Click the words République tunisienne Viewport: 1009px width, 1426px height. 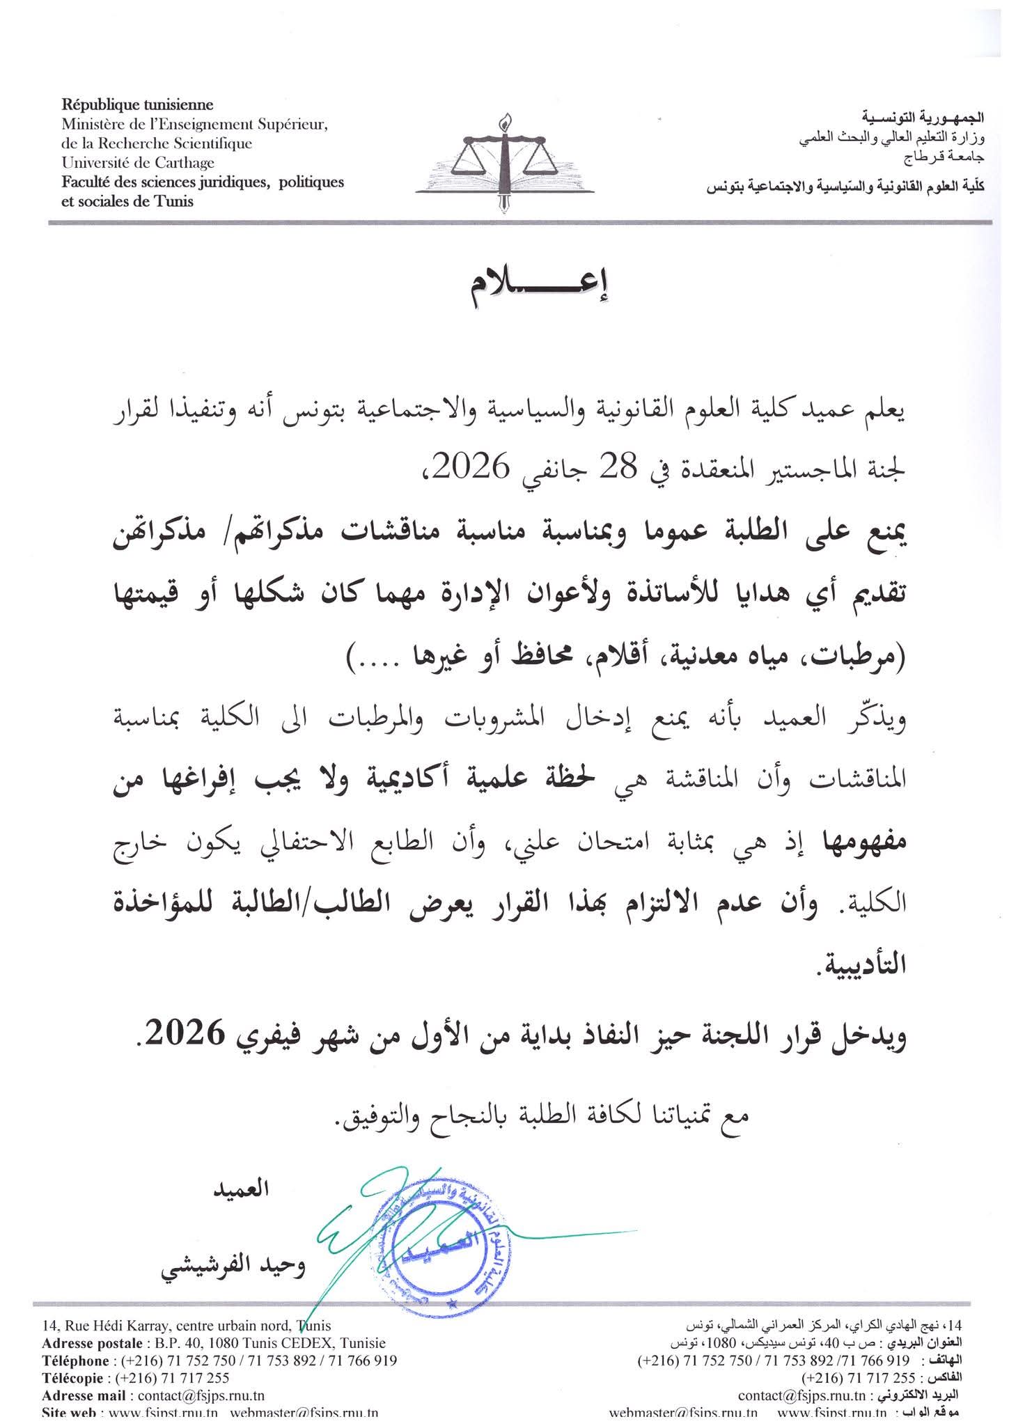(138, 106)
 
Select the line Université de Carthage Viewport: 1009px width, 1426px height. (138, 163)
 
